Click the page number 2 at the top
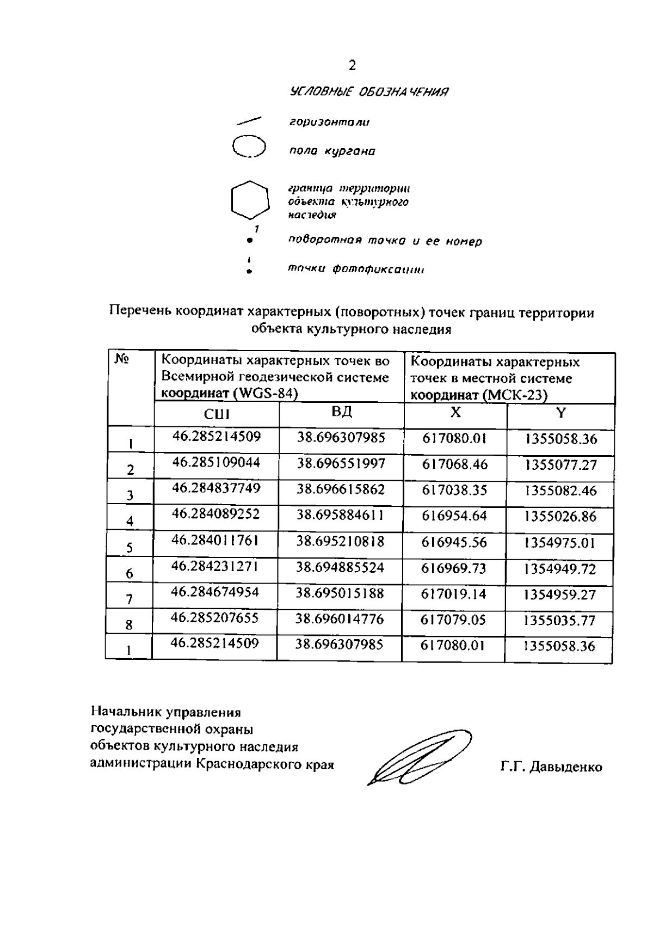[x=352, y=66]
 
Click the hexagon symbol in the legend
[x=250, y=199]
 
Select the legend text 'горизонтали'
[x=329, y=122]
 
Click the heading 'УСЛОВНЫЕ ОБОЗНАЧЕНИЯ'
[x=369, y=92]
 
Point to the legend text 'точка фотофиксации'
[x=355, y=269]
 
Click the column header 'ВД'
[x=342, y=412]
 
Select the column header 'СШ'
[x=217, y=414]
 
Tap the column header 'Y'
[x=560, y=413]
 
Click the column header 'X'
[x=455, y=413]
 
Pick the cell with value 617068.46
[x=455, y=465]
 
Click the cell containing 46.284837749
[x=216, y=488]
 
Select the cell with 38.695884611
[x=340, y=514]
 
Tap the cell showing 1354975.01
[x=560, y=543]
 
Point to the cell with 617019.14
[x=454, y=594]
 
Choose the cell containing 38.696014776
[x=340, y=620]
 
